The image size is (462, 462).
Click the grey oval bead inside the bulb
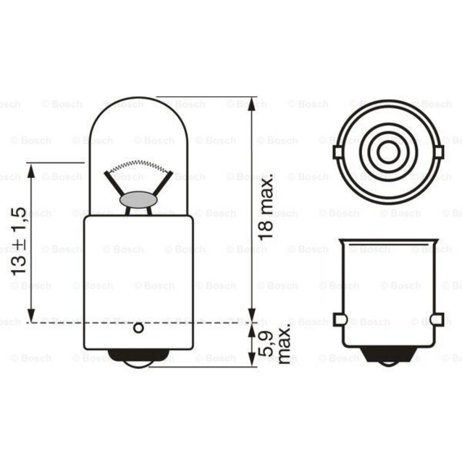(x=138, y=199)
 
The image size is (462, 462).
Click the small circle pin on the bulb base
(x=139, y=329)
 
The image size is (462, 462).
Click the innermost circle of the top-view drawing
(x=386, y=152)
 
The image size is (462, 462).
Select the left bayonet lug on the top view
(x=338, y=152)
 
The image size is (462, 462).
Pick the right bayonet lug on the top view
(x=438, y=152)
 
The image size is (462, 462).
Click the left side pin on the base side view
(x=339, y=319)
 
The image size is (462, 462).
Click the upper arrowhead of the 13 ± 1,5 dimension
(x=31, y=171)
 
